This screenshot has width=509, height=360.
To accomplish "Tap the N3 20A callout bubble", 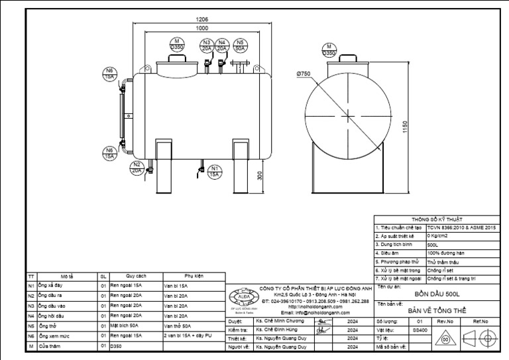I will (207, 46).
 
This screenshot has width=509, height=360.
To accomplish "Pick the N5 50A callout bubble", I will (240, 46).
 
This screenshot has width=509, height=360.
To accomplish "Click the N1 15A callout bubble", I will (214, 170).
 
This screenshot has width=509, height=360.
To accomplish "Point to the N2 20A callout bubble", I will (137, 167).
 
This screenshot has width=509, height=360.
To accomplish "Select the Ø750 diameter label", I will (304, 74).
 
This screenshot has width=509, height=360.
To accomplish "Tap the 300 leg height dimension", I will (260, 176).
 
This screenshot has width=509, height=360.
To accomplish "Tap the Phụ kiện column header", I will (194, 276).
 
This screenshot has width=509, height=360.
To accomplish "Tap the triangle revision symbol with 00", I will (445, 338).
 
